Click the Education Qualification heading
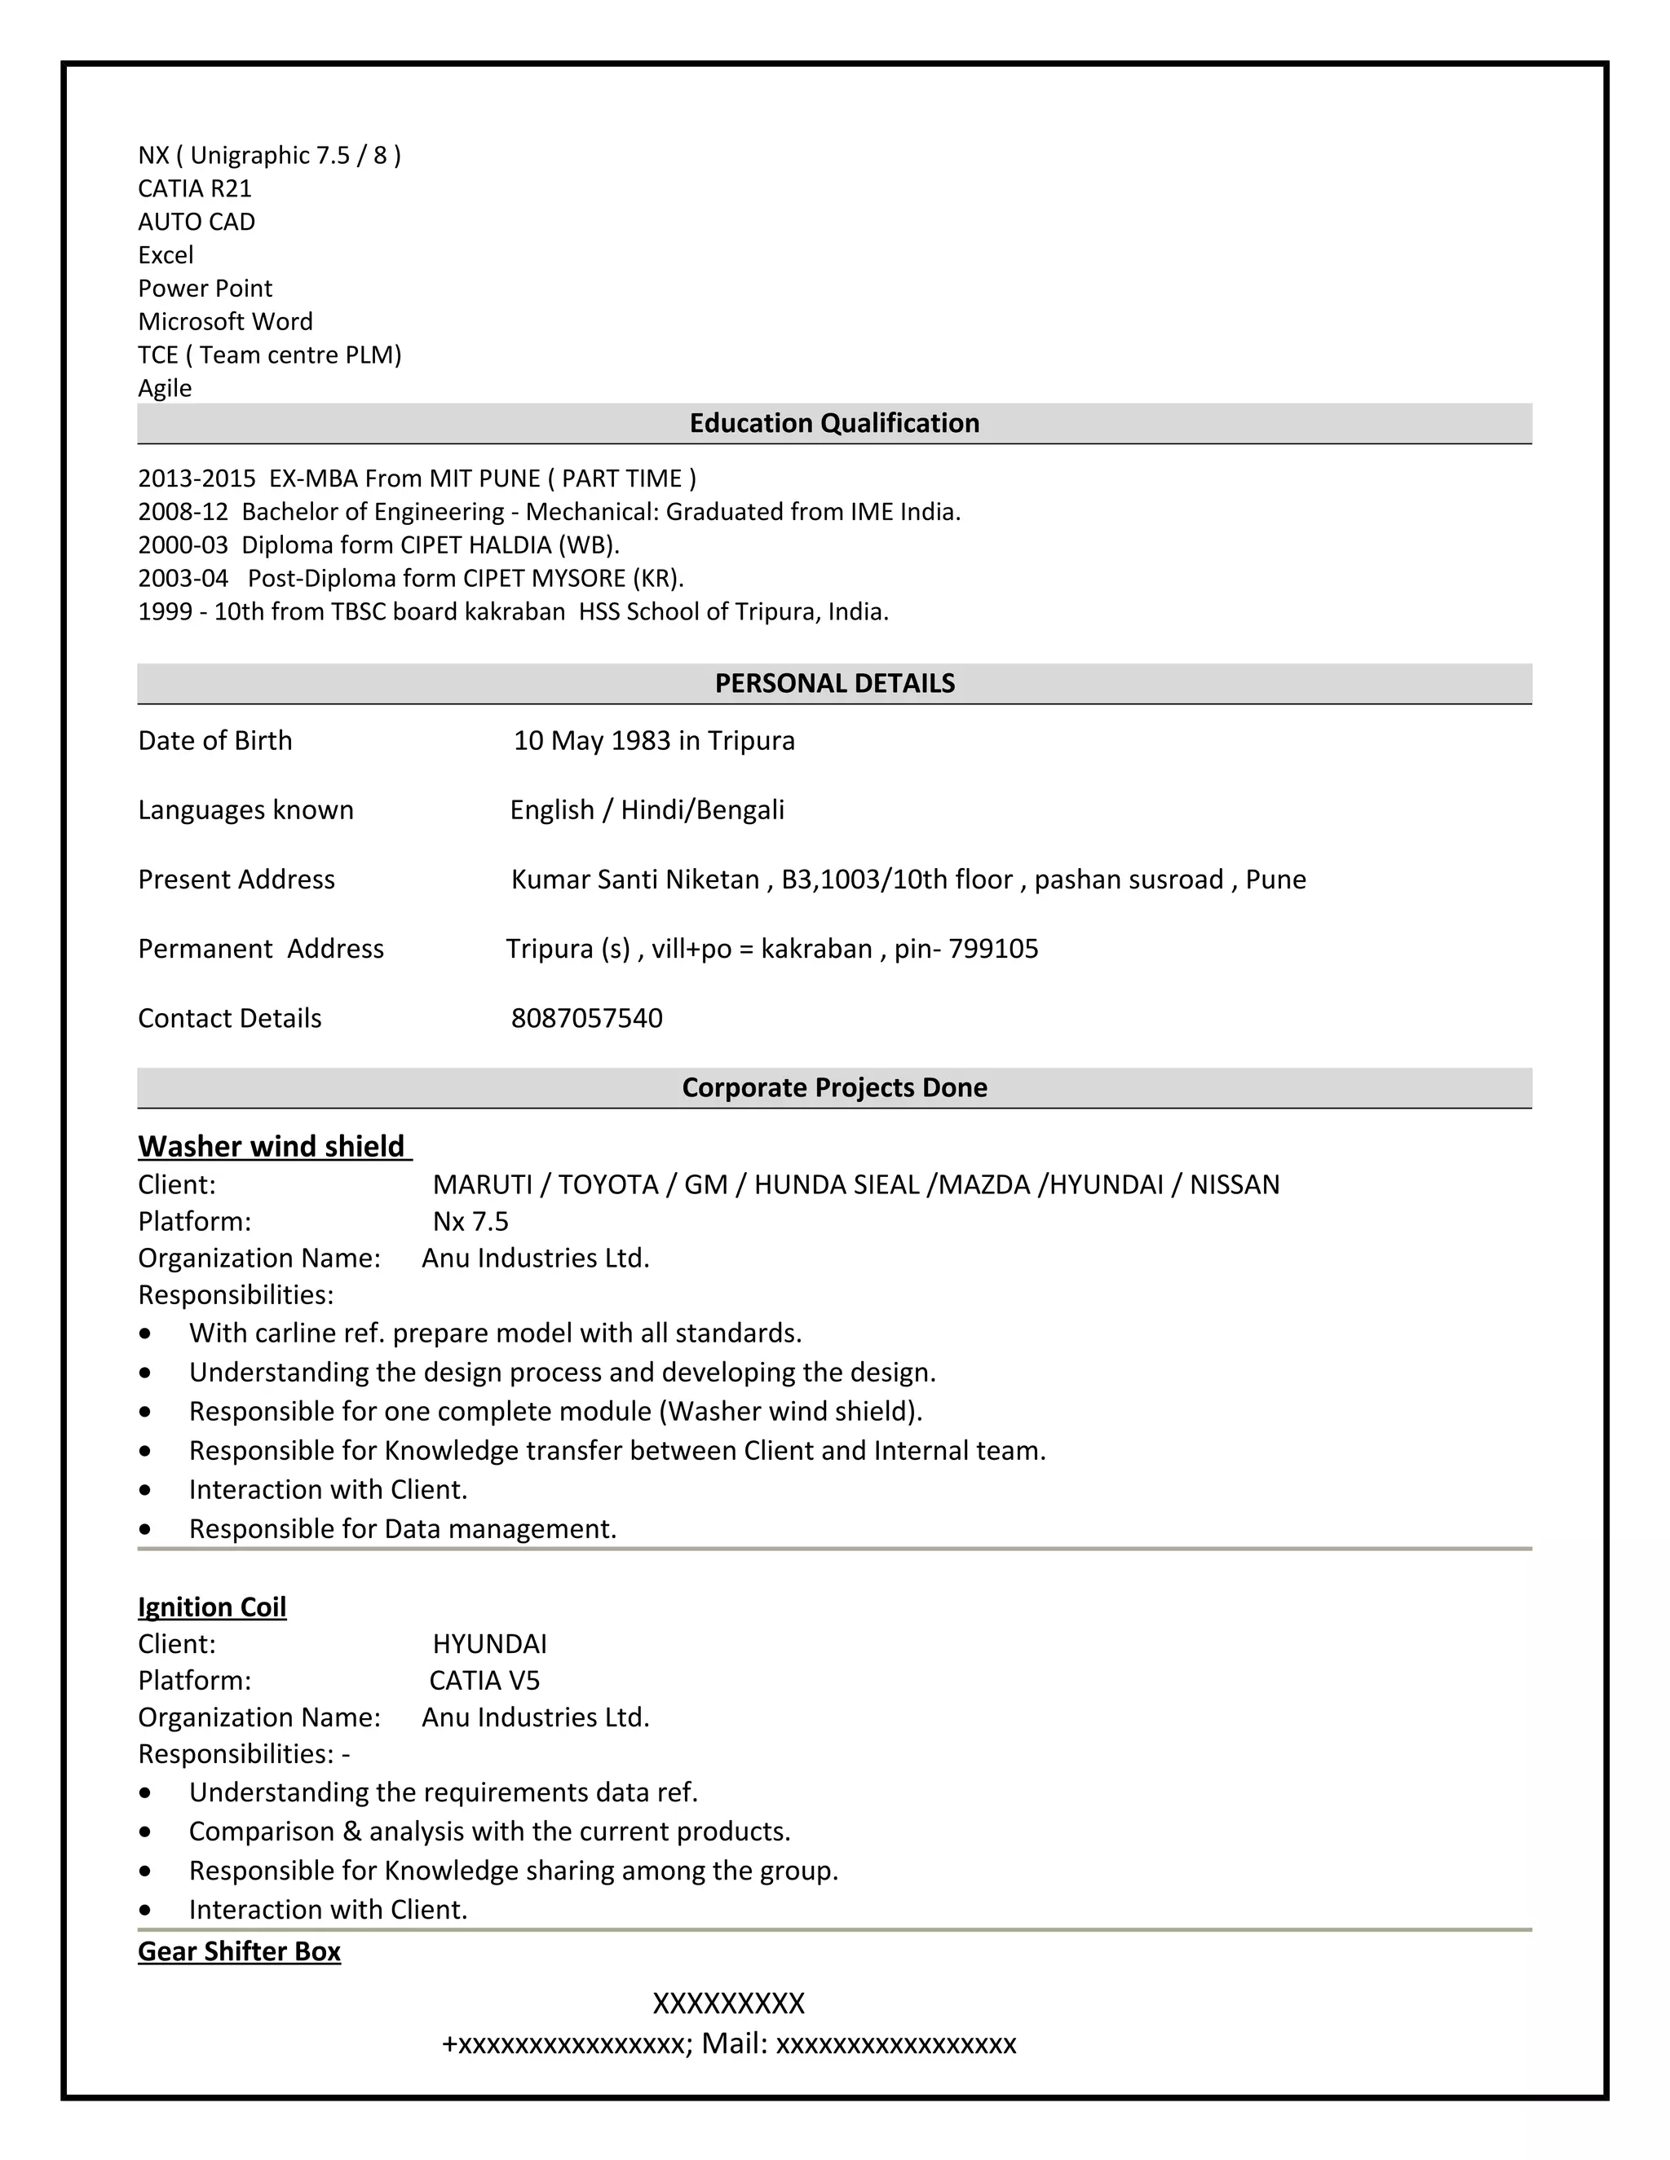coord(834,423)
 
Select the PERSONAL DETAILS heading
coord(834,683)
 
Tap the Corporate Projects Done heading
coord(834,1088)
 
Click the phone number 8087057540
coord(586,1019)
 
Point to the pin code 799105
coord(993,950)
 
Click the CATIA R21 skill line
coord(195,189)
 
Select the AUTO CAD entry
coord(196,222)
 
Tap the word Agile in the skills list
coord(164,389)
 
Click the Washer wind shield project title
coord(272,1146)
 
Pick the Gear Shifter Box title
coord(240,1951)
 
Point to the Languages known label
coord(245,810)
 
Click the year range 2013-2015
coord(196,478)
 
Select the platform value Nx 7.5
coord(471,1222)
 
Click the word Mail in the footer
coord(734,2044)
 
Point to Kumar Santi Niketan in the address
coord(634,880)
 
